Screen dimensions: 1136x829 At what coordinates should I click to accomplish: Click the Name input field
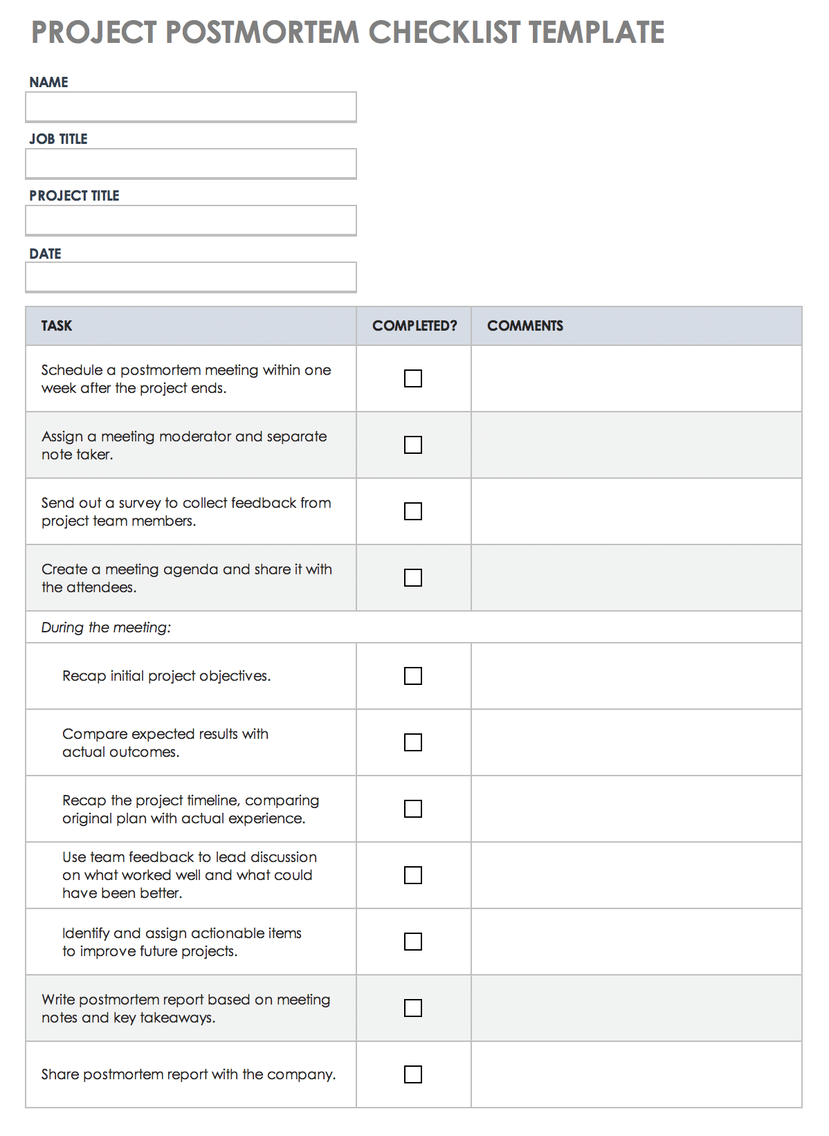(x=191, y=107)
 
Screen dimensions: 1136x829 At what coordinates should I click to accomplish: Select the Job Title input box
(x=191, y=164)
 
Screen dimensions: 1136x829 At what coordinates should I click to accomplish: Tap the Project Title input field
(x=191, y=221)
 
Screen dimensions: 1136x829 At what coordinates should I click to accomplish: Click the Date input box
(x=191, y=277)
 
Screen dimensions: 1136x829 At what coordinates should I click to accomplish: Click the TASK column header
(x=57, y=326)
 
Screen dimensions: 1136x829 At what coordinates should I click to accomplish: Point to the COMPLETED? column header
(x=414, y=326)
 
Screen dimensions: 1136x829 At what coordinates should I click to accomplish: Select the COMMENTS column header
(x=525, y=326)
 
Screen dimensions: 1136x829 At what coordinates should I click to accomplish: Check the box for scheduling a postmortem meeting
(x=413, y=378)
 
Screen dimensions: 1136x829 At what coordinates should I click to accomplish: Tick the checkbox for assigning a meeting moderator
(x=413, y=445)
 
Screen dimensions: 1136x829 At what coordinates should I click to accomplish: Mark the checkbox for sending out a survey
(x=413, y=511)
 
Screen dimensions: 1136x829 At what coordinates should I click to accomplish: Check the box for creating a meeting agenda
(x=413, y=578)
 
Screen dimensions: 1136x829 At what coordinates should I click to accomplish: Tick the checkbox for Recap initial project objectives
(x=413, y=676)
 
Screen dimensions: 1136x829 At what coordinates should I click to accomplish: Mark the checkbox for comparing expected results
(x=413, y=742)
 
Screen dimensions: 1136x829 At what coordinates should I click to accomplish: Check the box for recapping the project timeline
(x=413, y=809)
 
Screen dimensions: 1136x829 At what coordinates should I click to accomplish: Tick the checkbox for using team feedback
(x=413, y=875)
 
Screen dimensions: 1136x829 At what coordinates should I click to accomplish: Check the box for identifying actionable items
(x=413, y=942)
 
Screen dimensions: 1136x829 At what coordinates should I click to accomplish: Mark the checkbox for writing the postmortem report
(x=413, y=1008)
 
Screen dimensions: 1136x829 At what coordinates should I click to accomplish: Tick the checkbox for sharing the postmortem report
(x=413, y=1074)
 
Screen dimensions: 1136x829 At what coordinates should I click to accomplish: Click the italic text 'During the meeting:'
(x=106, y=627)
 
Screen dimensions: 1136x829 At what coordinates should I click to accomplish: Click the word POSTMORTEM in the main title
(x=262, y=33)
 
